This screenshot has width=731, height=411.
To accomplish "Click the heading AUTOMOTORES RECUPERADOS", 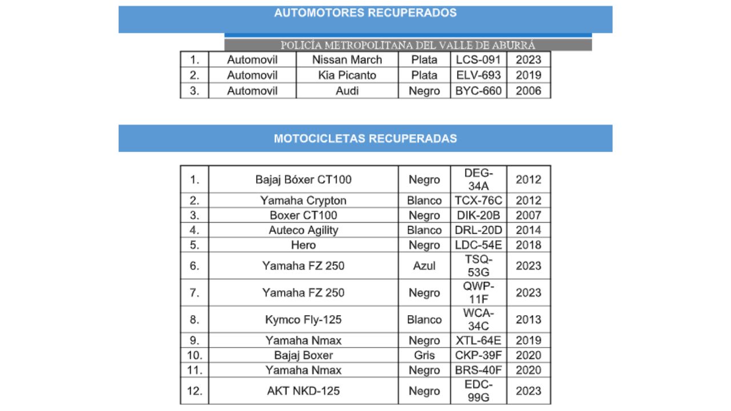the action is click(x=365, y=13).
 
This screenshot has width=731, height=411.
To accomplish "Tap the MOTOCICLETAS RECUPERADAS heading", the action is click(x=365, y=138).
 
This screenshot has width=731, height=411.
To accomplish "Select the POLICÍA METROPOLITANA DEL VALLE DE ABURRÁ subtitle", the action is click(x=408, y=45).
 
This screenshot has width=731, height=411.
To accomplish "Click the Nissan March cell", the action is click(x=347, y=60).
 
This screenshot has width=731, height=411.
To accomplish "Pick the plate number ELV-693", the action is click(x=478, y=75).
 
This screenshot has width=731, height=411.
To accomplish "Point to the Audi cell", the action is click(x=347, y=91).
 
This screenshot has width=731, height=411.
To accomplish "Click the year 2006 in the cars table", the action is click(x=528, y=91).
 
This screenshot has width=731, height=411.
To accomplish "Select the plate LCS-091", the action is click(x=478, y=60).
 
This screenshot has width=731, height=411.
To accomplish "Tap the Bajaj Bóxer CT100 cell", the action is click(x=303, y=180).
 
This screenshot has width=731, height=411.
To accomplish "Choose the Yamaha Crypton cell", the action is click(x=303, y=200).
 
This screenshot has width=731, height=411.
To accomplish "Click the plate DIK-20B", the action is click(x=478, y=215).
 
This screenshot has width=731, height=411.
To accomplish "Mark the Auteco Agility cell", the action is click(x=303, y=230).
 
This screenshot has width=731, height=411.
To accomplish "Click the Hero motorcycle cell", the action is click(x=303, y=245).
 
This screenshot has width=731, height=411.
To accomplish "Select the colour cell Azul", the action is click(x=424, y=265).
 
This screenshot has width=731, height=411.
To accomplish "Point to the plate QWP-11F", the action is click(x=478, y=292).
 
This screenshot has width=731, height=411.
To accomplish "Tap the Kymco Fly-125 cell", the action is click(x=303, y=320).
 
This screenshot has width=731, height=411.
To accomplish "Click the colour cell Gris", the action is click(x=424, y=355).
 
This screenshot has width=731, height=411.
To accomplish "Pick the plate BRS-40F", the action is click(x=478, y=370).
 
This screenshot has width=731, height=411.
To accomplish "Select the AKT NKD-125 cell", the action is click(x=303, y=391).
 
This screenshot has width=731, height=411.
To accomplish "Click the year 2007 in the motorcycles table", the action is click(x=528, y=215).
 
